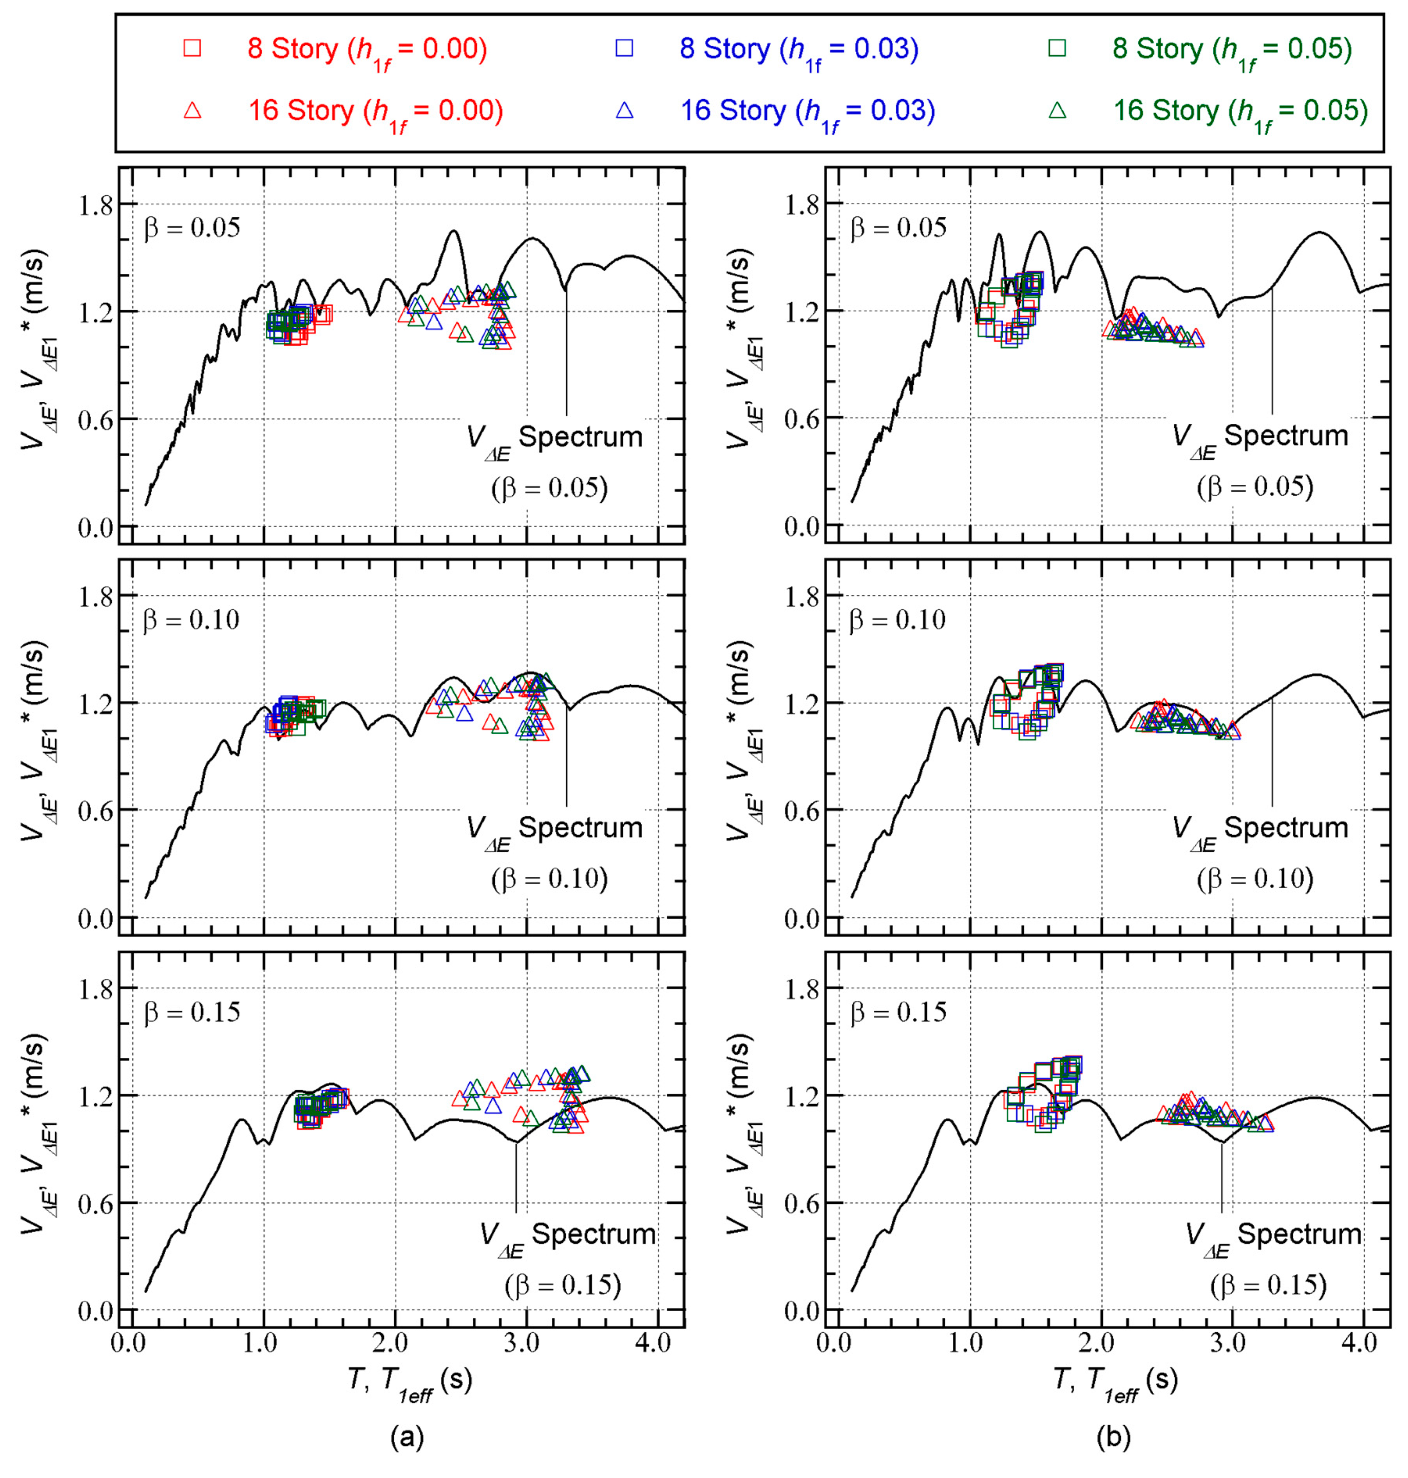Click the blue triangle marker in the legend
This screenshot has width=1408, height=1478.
(x=624, y=110)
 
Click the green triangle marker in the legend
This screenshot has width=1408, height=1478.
(x=1057, y=110)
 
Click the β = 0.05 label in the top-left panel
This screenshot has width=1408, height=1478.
(x=192, y=227)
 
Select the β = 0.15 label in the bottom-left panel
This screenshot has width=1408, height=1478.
(x=192, y=1012)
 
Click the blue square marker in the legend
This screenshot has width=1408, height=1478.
(x=624, y=48)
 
